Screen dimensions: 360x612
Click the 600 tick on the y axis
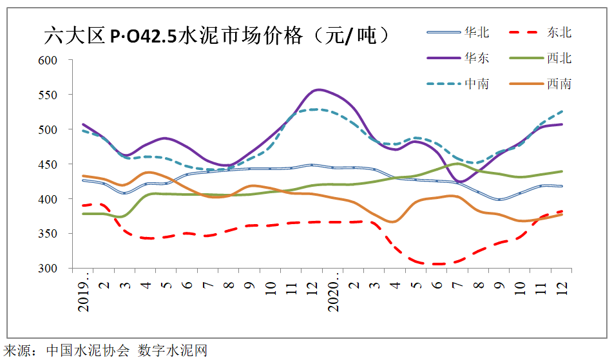(49, 60)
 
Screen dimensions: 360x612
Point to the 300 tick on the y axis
(49, 268)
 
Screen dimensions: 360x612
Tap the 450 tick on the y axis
(49, 164)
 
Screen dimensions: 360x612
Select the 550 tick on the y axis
(49, 95)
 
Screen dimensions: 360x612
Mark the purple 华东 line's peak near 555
(319, 90)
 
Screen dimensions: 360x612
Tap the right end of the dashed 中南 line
(562, 111)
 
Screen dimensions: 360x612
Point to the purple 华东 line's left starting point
(83, 124)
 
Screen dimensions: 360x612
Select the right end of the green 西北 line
(562, 171)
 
